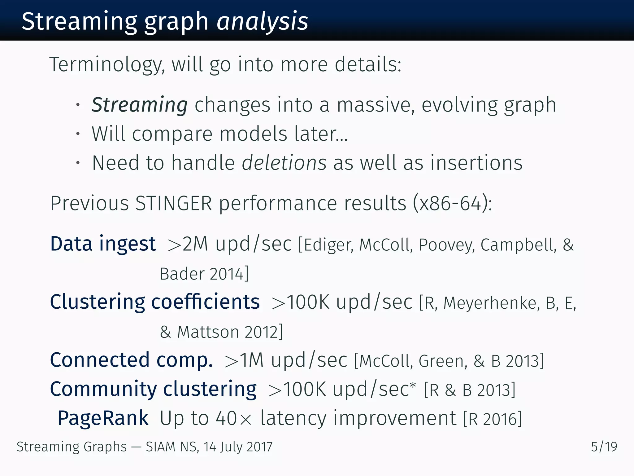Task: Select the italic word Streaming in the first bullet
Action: click(139, 105)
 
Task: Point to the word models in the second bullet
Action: click(253, 134)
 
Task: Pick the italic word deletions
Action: click(284, 163)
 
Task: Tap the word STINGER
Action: click(174, 203)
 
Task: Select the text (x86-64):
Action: click(452, 203)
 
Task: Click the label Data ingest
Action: click(103, 244)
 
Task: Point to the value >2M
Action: click(188, 244)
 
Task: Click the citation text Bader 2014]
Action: click(204, 274)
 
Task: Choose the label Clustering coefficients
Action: click(155, 302)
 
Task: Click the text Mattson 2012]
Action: click(230, 332)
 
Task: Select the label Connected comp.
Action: click(131, 360)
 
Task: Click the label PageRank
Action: click(103, 418)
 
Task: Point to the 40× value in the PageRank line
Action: click(234, 418)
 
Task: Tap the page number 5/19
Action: click(604, 447)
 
